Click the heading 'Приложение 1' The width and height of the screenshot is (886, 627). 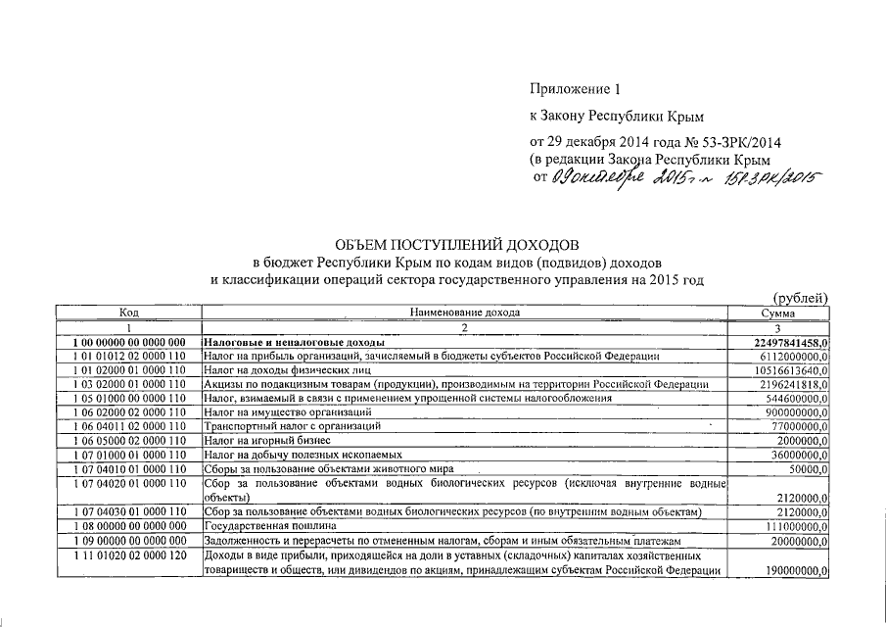574,89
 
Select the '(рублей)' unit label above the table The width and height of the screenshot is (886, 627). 801,298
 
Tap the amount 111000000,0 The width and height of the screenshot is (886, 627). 791,526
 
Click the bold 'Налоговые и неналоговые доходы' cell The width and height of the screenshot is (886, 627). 295,341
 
